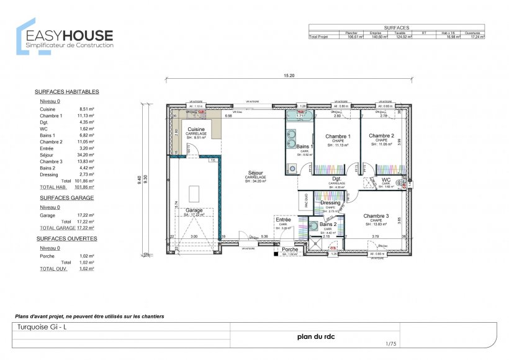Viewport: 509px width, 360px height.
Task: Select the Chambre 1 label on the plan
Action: [338, 136]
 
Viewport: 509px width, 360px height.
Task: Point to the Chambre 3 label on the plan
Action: [376, 215]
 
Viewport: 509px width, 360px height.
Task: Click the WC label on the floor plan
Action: [385, 180]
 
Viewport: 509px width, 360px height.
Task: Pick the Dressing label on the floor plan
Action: [330, 202]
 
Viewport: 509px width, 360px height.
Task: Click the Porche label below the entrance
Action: [290, 250]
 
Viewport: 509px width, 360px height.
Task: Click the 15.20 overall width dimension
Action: [289, 76]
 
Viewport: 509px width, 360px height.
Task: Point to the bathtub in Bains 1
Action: [300, 115]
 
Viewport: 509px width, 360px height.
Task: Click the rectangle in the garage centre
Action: [194, 192]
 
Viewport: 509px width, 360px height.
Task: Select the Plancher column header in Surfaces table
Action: [350, 33]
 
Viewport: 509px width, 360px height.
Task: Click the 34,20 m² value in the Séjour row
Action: [85, 155]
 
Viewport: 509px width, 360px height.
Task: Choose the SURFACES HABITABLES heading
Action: [66, 92]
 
